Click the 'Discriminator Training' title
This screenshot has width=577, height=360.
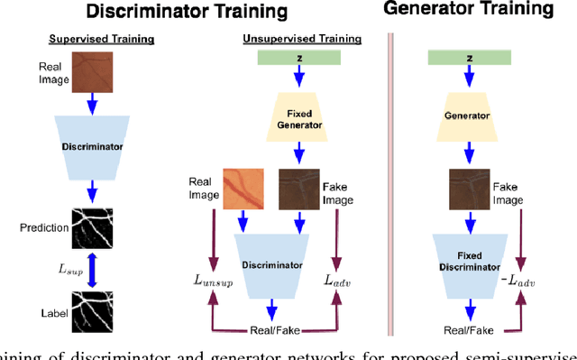point(186,12)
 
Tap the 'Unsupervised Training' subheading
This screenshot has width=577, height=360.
point(302,40)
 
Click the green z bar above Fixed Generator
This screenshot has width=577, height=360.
point(300,58)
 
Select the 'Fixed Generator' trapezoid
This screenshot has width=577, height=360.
point(300,116)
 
